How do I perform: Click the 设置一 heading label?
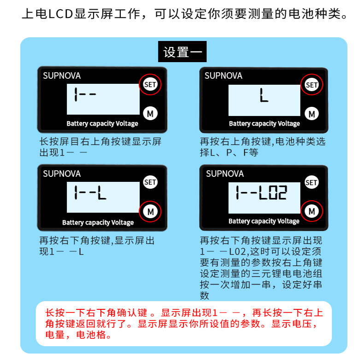[182, 52]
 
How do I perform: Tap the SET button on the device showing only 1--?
[150, 84]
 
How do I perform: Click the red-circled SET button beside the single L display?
[312, 85]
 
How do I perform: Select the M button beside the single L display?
[312, 113]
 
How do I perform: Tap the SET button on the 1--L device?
[150, 182]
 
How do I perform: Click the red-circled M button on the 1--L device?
[150, 211]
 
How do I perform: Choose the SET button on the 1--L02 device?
[312, 182]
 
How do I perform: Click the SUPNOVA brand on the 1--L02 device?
[225, 174]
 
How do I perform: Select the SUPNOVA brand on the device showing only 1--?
[62, 76]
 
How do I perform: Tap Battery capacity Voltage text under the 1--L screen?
[98, 222]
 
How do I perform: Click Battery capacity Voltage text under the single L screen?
[264, 123]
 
